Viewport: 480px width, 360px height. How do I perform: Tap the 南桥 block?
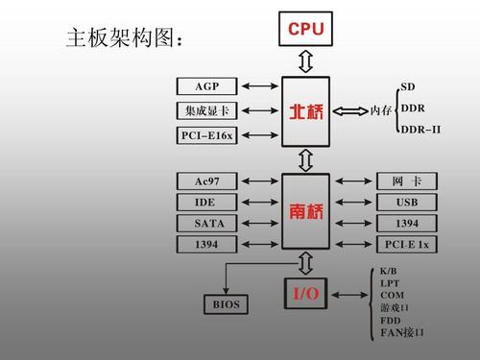[x=306, y=211]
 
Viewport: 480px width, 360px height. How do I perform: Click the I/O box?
[x=306, y=292]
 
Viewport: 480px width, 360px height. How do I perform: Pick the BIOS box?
[x=227, y=305]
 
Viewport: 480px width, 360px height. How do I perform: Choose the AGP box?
[x=206, y=86]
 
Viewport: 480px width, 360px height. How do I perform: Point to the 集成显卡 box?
[x=206, y=110]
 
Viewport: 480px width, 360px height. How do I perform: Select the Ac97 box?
[x=206, y=181]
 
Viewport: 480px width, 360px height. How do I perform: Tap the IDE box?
[x=206, y=203]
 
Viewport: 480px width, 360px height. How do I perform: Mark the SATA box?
[x=206, y=224]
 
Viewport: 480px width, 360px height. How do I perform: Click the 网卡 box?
[x=406, y=181]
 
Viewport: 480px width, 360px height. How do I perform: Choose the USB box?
[x=406, y=203]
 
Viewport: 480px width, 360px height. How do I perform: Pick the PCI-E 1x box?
[x=406, y=245]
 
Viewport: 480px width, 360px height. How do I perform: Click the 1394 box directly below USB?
[x=406, y=224]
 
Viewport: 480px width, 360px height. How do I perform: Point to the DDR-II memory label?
[x=420, y=129]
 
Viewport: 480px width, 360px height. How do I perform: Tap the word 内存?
[x=381, y=110]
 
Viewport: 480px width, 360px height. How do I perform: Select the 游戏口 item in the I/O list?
[x=395, y=308]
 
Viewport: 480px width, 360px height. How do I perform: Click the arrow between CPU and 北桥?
[x=306, y=62]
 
